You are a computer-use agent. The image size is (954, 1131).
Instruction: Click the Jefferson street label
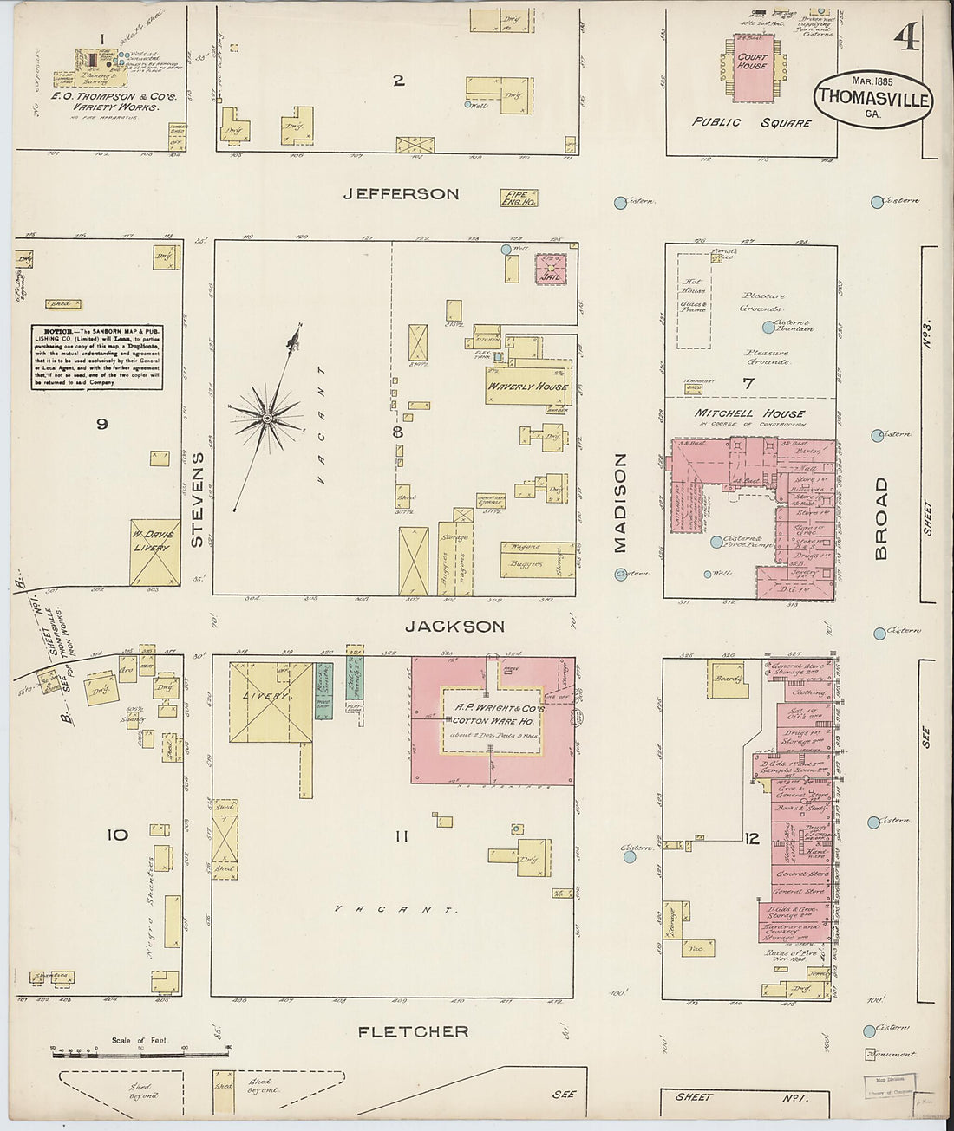[x=400, y=194]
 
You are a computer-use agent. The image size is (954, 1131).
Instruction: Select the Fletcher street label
[x=414, y=1031]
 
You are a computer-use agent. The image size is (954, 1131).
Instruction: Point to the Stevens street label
[x=197, y=500]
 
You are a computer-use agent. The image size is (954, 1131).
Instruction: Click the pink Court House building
[x=751, y=68]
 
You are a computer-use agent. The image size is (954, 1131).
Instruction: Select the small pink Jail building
[x=549, y=268]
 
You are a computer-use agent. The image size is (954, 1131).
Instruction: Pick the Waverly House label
[x=527, y=387]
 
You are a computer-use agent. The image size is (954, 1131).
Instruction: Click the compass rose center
[x=268, y=419]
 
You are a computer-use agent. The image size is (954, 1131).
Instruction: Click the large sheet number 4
[x=907, y=38]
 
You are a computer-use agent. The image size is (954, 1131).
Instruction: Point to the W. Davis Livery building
[x=154, y=551]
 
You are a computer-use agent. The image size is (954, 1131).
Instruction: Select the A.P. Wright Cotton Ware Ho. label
[x=491, y=714]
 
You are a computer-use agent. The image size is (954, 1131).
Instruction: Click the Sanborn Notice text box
[x=97, y=356]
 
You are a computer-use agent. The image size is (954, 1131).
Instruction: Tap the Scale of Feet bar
[x=140, y=1052]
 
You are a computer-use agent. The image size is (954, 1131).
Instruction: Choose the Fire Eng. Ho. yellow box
[x=519, y=198]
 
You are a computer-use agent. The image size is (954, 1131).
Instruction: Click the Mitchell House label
[x=749, y=414]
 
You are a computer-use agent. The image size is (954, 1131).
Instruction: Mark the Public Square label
[x=751, y=122]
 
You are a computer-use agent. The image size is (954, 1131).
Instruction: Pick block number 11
[x=400, y=836]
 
